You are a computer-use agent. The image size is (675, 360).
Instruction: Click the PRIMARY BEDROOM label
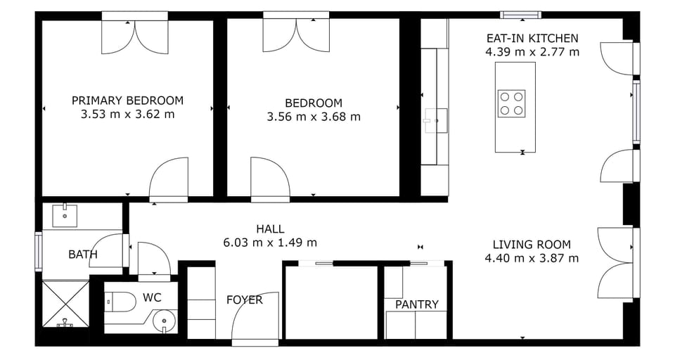tap(127, 101)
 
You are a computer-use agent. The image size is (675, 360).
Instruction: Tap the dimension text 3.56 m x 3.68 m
tap(314, 117)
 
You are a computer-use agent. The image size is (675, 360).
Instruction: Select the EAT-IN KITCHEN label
tap(532, 39)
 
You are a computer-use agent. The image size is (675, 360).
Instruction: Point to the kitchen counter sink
tap(435, 120)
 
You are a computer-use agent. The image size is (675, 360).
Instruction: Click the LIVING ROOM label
tap(532, 245)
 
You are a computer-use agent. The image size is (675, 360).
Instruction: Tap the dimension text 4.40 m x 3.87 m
tap(532, 258)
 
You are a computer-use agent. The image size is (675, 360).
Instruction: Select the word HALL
tap(270, 229)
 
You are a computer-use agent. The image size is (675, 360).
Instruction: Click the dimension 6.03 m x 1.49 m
tap(270, 243)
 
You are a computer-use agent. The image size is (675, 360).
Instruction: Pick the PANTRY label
tap(416, 304)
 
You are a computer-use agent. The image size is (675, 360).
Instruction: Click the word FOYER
tap(244, 300)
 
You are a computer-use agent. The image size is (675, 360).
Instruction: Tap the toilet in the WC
tap(120, 302)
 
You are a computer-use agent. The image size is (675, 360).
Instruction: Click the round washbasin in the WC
tap(165, 323)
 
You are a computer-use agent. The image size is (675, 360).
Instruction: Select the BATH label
tap(83, 255)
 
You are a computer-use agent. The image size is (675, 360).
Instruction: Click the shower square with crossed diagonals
tap(65, 303)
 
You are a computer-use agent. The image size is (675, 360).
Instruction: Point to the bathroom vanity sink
tap(65, 214)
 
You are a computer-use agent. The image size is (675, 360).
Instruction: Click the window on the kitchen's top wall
tap(521, 15)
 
